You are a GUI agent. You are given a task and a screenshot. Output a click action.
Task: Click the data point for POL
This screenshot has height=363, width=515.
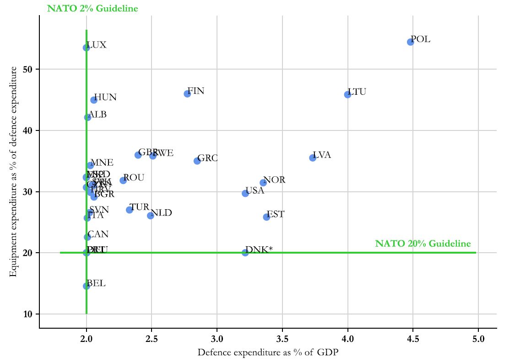click(x=410, y=42)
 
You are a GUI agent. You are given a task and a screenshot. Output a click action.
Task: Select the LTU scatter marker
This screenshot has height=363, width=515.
click(x=347, y=94)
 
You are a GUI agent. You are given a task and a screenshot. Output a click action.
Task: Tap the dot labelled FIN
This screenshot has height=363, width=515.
click(x=187, y=93)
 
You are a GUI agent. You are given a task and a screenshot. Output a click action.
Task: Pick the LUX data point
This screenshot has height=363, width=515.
click(x=86, y=48)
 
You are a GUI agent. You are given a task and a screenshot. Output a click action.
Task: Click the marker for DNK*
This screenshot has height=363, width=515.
click(x=245, y=252)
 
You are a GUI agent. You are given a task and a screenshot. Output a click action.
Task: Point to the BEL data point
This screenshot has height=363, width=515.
click(x=86, y=286)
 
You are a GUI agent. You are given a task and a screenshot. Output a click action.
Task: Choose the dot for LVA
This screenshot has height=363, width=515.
click(x=313, y=157)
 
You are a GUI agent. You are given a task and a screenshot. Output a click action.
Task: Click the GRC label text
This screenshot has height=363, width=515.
click(x=207, y=158)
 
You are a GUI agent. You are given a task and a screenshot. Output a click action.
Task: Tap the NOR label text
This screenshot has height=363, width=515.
click(x=274, y=180)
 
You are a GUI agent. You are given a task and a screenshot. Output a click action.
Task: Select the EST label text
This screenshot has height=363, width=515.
click(x=275, y=214)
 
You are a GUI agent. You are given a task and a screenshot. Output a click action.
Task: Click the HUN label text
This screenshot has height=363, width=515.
click(x=105, y=97)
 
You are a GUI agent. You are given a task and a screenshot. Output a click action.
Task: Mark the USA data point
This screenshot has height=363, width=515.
click(x=245, y=193)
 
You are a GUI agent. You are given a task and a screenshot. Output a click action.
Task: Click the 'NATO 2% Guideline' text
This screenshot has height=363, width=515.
click(x=92, y=9)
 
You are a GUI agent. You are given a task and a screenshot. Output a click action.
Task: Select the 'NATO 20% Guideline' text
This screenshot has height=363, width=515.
click(x=423, y=244)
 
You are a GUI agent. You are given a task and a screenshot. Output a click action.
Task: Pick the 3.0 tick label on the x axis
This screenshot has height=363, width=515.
click(x=217, y=339)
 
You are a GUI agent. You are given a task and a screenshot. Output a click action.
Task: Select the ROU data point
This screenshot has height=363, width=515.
click(x=123, y=180)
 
